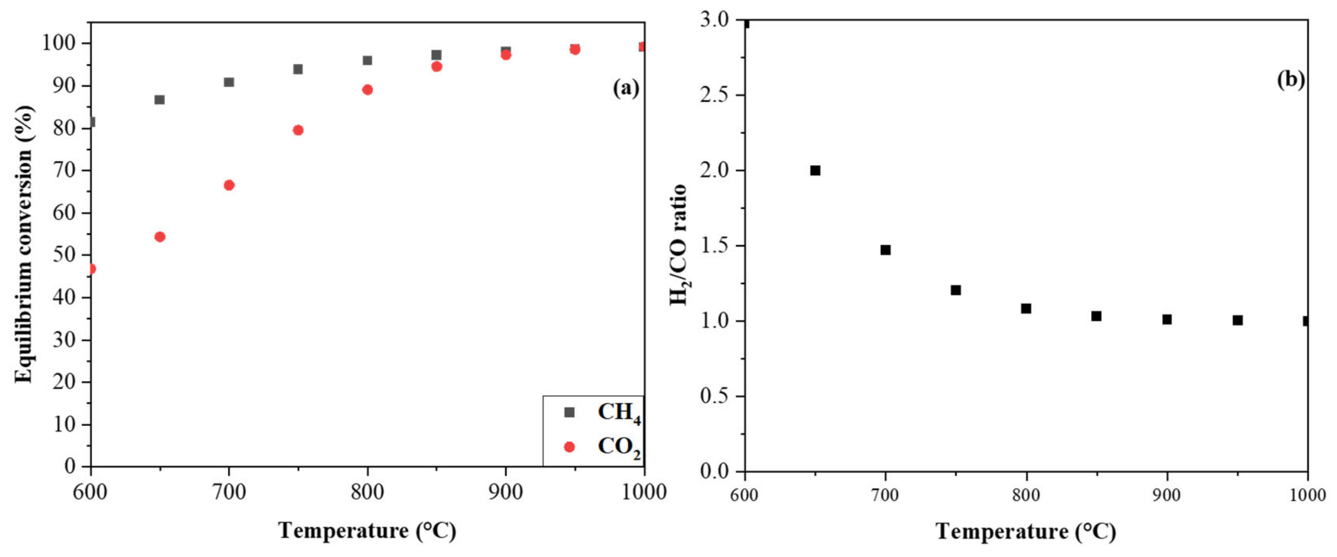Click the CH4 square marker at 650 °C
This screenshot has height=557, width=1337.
159,100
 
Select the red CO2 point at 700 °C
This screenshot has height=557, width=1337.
229,185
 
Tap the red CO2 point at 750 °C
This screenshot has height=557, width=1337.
298,130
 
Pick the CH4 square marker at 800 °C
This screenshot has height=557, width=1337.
367,60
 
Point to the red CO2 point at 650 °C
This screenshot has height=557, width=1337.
160,236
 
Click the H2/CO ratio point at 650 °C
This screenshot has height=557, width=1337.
815,171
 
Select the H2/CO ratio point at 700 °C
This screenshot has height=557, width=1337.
885,250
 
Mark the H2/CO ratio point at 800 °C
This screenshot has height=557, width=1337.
1026,308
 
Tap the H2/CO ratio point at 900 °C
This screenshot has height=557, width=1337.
1167,319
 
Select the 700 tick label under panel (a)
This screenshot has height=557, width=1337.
229,492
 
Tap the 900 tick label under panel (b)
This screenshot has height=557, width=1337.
1167,495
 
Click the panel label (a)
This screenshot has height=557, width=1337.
626,88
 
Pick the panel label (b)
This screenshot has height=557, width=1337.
1291,79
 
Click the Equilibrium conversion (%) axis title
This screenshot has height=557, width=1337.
24,244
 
